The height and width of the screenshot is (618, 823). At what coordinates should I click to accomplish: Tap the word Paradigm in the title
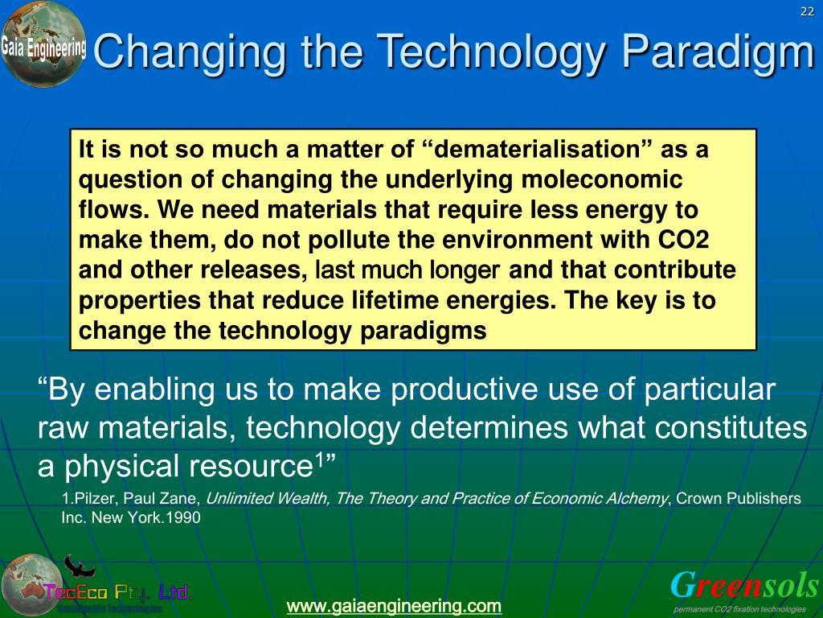click(x=719, y=53)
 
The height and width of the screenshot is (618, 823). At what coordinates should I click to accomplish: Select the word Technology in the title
click(x=492, y=53)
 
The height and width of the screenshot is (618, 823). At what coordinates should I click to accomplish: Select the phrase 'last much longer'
click(x=407, y=270)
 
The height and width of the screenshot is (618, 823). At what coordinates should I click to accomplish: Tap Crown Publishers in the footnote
click(x=739, y=499)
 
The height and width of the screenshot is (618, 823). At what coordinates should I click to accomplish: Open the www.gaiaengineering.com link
click(x=394, y=605)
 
